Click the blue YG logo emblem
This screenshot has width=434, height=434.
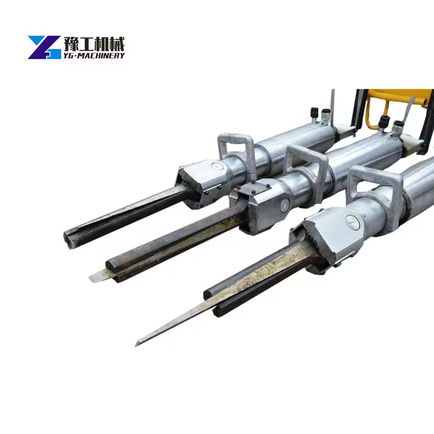[44, 47]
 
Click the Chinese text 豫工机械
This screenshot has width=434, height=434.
[94, 44]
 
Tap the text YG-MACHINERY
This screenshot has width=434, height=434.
[94, 56]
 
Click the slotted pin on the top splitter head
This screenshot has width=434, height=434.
[217, 166]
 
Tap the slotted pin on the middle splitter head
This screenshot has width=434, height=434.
[284, 205]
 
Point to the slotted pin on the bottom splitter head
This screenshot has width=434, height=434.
[352, 222]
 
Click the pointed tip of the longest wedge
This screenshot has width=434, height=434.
[136, 345]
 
